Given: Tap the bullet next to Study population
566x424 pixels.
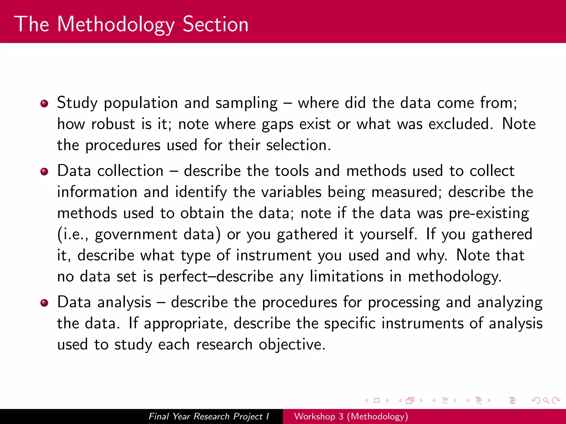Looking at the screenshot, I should tap(44, 104).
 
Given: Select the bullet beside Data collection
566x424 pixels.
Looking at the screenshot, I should tap(44, 172).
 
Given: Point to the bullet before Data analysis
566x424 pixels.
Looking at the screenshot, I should tap(44, 303).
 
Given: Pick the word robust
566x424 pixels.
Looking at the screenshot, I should tap(113, 124).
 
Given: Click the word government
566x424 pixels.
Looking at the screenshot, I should tap(136, 235).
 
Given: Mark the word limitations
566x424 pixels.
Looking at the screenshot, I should tap(346, 277).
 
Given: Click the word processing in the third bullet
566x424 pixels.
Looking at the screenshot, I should tap(403, 303).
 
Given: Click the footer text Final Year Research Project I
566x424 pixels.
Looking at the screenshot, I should tap(209, 416).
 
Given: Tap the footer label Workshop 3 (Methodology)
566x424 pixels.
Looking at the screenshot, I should tap(351, 416).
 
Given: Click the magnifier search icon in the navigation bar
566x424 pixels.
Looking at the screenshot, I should tap(546, 400).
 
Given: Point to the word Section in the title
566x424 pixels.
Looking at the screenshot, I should tap(216, 24).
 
